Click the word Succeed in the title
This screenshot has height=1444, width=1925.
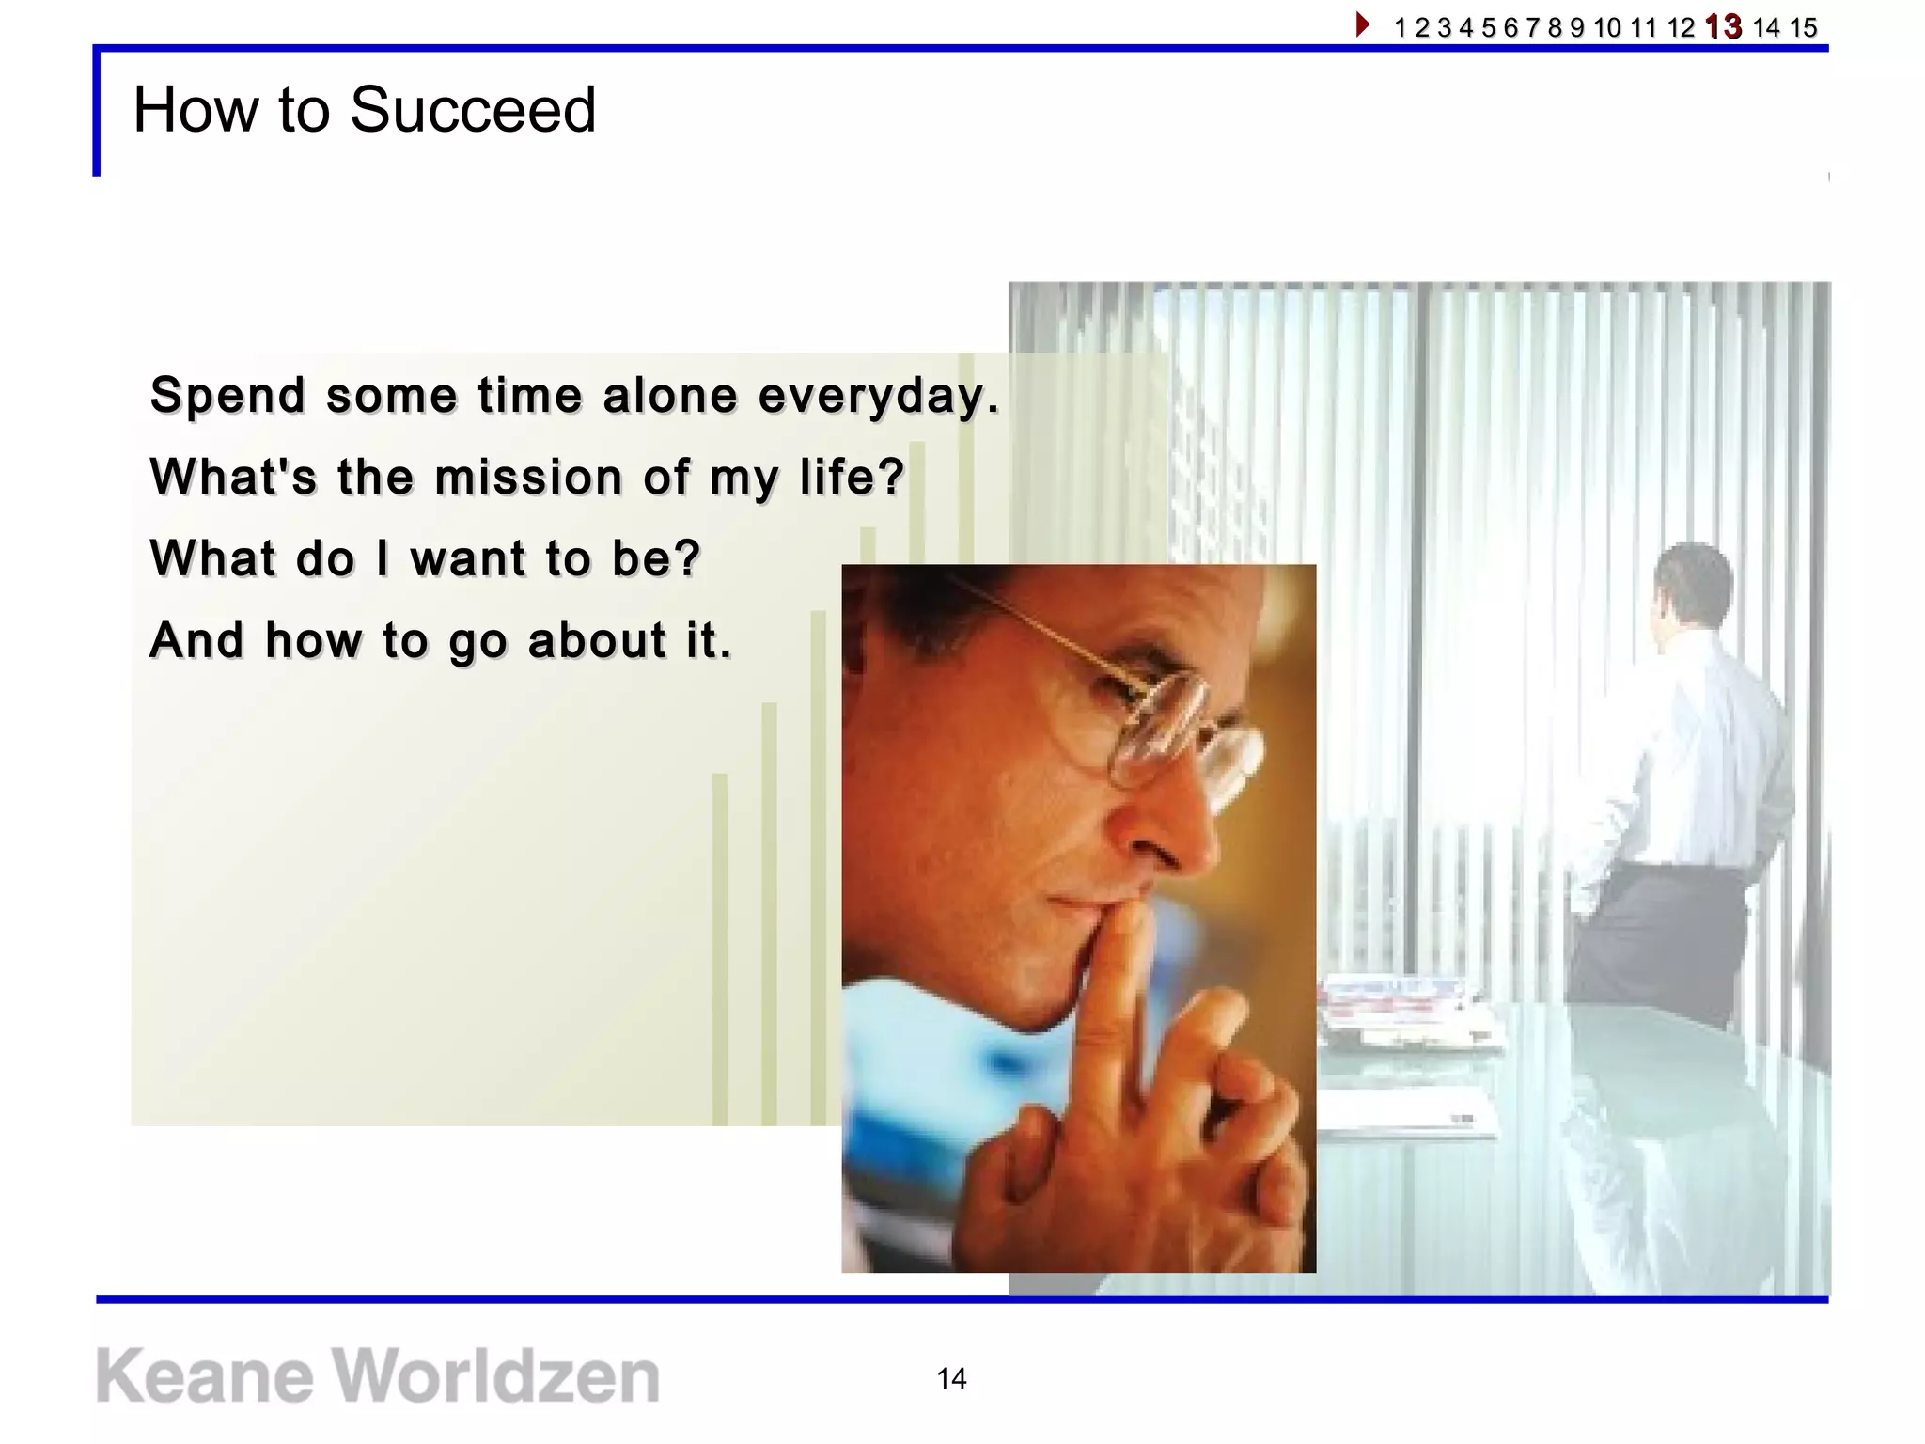click(x=473, y=110)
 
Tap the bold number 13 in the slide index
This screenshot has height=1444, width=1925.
click(x=1723, y=26)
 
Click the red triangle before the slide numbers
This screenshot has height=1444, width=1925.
click(x=1363, y=24)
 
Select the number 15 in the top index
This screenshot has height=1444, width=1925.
click(x=1803, y=27)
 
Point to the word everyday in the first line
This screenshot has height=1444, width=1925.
click(x=878, y=396)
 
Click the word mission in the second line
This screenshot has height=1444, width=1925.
click(x=529, y=477)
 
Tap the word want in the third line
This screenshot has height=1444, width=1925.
click(x=467, y=558)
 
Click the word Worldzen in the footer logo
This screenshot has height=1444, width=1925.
click(x=497, y=1376)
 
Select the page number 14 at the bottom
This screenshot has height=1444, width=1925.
click(x=951, y=1378)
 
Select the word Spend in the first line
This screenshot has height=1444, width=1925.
click(x=227, y=396)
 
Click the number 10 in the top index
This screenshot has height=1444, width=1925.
click(x=1607, y=27)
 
